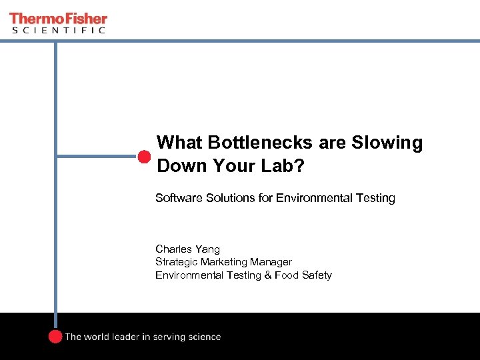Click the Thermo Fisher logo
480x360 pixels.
[58, 19]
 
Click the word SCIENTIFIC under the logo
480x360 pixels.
[58, 31]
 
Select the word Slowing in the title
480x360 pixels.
[389, 143]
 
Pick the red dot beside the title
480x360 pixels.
[144, 157]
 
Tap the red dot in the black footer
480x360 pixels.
[55, 337]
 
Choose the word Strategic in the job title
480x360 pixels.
[176, 262]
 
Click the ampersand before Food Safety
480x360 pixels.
[268, 275]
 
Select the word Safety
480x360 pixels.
[316, 275]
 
